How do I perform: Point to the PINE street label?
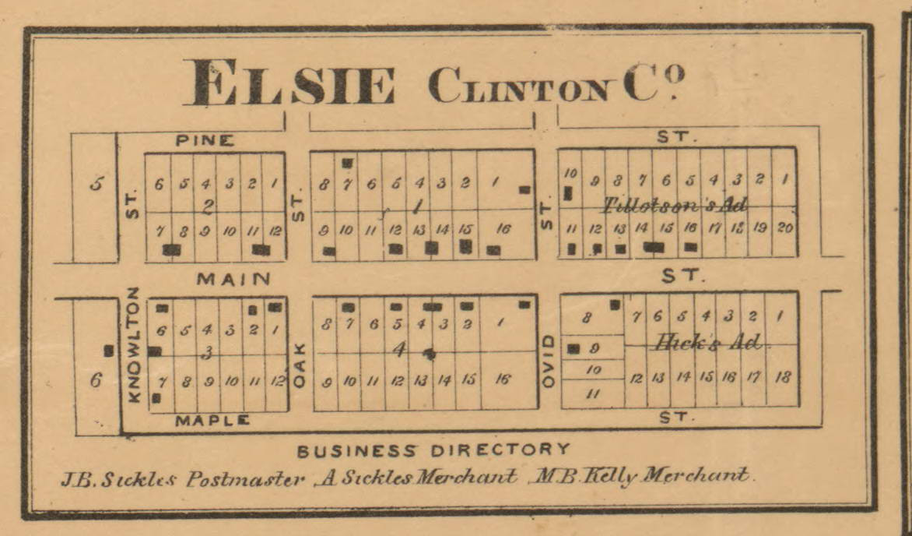coord(204,140)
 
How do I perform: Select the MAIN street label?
coord(233,278)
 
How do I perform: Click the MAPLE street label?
coord(212,421)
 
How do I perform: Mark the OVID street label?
coord(548,361)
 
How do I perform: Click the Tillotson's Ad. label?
coord(675,206)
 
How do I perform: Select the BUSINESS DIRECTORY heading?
coord(433,450)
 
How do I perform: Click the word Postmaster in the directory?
coord(245,478)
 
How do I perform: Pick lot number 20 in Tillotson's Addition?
coord(784,227)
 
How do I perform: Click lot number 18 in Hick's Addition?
coord(784,377)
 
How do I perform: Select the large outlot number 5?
coord(96,185)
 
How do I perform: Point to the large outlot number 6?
coord(96,380)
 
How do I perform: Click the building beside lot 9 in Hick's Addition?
coord(574,349)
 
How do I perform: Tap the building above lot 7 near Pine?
coord(347,163)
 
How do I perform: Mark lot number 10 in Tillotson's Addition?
coord(569,172)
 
